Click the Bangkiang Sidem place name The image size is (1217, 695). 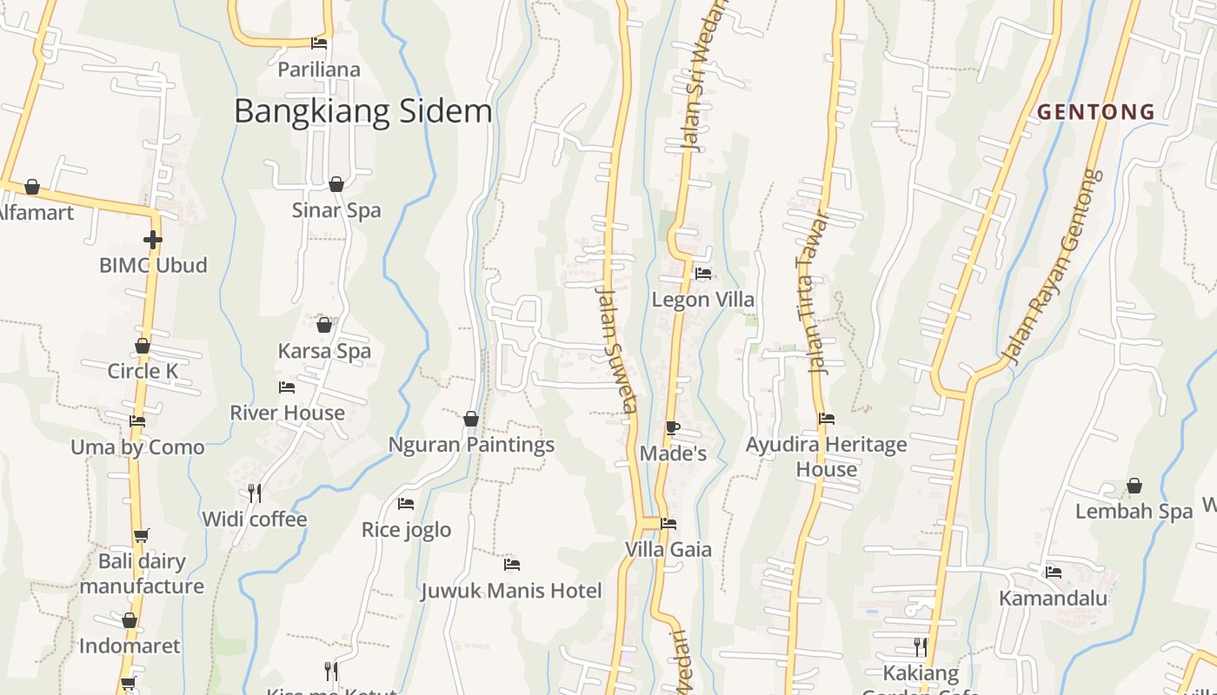tap(363, 111)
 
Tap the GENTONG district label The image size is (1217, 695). tap(1095, 111)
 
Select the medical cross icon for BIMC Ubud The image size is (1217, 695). tap(153, 240)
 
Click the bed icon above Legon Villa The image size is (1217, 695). tap(703, 274)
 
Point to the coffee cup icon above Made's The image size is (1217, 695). tap(672, 427)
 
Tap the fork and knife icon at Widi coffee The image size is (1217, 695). tap(255, 493)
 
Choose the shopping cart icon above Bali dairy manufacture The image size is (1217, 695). tap(141, 535)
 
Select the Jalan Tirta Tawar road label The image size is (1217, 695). tap(812, 292)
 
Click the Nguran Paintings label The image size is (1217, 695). tap(471, 445)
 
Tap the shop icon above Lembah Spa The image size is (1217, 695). tap(1134, 486)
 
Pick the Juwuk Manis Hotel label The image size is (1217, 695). tap(511, 592)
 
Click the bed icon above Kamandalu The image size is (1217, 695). tap(1054, 572)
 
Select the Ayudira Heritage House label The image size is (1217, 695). tap(827, 457)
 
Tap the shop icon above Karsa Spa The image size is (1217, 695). tap(324, 325)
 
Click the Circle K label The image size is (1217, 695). tap(143, 372)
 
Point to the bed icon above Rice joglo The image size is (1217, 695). tap(406, 503)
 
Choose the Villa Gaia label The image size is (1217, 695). tap(668, 550)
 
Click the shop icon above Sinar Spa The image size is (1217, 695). tap(336, 184)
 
